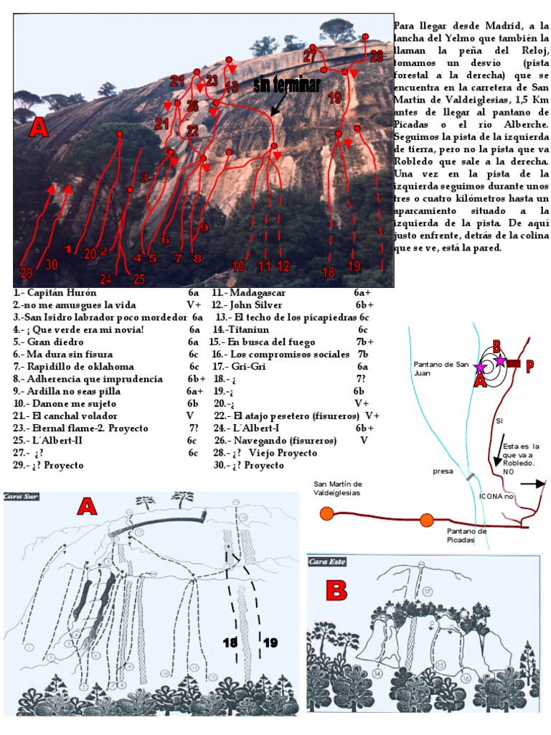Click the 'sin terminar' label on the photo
pos(286,85)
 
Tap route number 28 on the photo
pos(376,57)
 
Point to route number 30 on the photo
pos(52,264)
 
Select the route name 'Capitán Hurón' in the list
pos(52,293)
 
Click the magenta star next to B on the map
pos(500,360)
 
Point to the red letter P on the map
pos(529,367)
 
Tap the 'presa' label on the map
pos(443,472)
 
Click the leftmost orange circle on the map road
pos(328,513)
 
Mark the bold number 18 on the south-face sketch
pos(230,644)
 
